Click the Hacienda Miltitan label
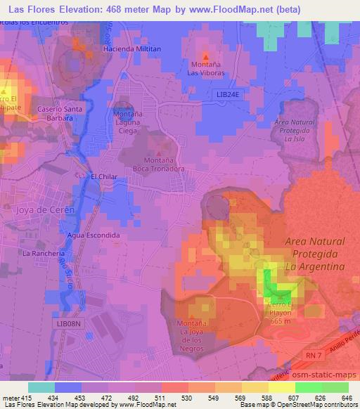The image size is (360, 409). point(131,48)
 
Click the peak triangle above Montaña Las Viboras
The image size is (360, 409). point(205,56)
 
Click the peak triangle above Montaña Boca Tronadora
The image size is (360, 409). point(159,153)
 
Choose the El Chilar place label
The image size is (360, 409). point(103,176)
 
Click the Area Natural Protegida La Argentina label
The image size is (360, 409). point(315,254)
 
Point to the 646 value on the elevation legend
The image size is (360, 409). point(346,398)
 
